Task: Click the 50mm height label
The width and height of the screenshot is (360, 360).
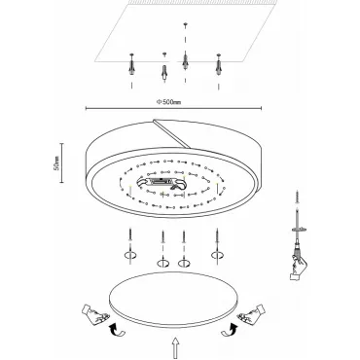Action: tap(56, 162)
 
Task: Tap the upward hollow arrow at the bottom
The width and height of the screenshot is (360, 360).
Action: tap(175, 347)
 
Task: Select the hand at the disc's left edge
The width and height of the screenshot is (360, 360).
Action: tap(95, 313)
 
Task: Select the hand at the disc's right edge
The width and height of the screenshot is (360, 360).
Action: tap(252, 313)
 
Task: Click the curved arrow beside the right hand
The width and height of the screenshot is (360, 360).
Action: tap(230, 329)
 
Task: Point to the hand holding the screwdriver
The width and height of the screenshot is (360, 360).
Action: tap(298, 267)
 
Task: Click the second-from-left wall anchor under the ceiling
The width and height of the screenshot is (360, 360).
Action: tap(164, 73)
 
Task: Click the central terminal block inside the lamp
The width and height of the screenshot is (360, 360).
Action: tap(162, 183)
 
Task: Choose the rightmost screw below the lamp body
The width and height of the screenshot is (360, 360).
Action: tap(216, 234)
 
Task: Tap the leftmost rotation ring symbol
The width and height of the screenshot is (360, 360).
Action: tap(130, 255)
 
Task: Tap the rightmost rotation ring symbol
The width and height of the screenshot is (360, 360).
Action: tap(217, 255)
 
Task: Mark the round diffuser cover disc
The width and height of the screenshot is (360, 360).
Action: tap(174, 299)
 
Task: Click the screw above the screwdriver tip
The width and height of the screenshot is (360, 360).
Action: tap(297, 198)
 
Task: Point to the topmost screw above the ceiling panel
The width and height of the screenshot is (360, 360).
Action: tap(186, 24)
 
